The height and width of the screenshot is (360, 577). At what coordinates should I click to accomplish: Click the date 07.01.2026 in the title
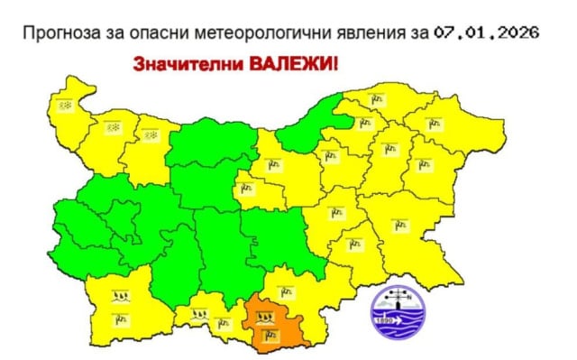pos(486,33)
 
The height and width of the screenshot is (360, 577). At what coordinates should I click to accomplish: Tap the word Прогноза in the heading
pos(61,33)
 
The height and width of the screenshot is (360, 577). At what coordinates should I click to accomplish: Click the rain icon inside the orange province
pos(265,318)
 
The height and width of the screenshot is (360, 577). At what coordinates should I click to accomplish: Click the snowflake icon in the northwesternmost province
pos(65,105)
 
